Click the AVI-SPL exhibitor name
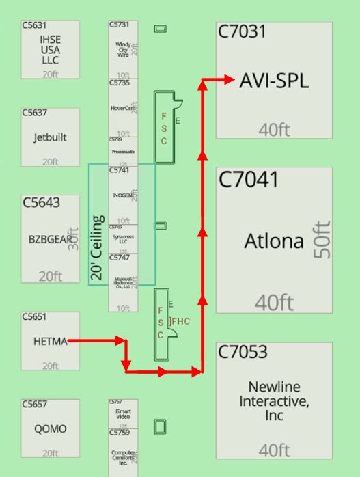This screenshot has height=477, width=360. (274, 81)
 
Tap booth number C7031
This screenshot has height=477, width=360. (241, 32)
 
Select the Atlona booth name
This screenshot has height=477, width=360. (274, 241)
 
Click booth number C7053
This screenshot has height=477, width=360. (243, 353)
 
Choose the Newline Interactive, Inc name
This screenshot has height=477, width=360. (274, 401)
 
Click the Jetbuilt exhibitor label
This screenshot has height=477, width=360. (50, 137)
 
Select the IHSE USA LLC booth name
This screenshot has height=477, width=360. (50, 50)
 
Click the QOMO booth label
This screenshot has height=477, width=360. (50, 429)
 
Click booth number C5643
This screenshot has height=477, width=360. (41, 203)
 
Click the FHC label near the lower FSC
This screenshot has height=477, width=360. (180, 321)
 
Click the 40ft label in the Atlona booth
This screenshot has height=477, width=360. (274, 301)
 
